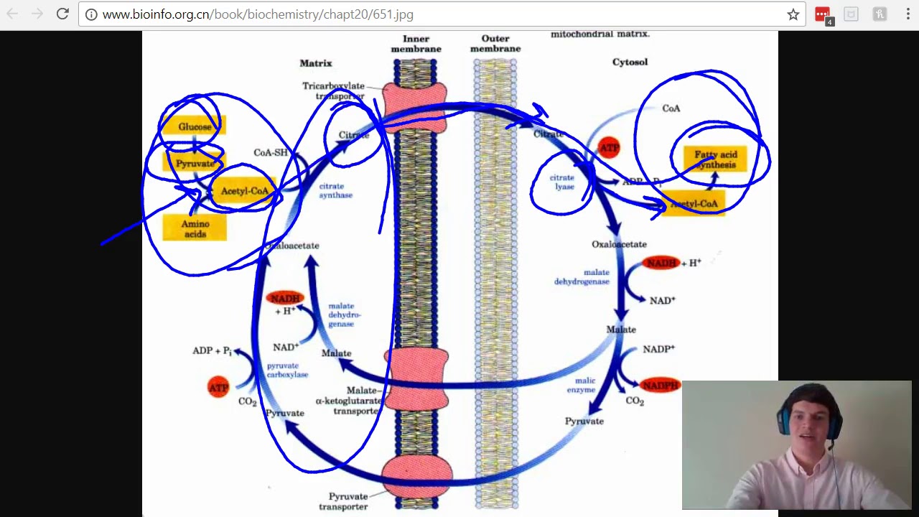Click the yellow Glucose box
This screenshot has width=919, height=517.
195,127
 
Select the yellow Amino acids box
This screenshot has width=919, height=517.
195,228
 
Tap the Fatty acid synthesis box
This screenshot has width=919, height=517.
715,159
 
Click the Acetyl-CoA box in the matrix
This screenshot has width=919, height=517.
244,191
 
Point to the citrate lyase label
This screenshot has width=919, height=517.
562,182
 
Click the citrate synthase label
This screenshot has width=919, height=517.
335,190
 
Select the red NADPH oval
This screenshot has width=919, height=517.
660,386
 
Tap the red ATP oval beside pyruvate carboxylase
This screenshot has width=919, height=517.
218,388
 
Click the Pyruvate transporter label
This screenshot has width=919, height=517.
348,501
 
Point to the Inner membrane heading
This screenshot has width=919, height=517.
416,44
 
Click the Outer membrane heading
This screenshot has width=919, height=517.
495,44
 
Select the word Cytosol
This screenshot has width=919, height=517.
630,62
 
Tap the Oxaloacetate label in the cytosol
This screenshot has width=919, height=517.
619,244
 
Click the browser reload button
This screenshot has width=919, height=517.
62,14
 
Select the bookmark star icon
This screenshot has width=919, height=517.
793,14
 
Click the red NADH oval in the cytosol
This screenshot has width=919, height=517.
661,264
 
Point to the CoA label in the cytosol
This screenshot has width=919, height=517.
671,108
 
